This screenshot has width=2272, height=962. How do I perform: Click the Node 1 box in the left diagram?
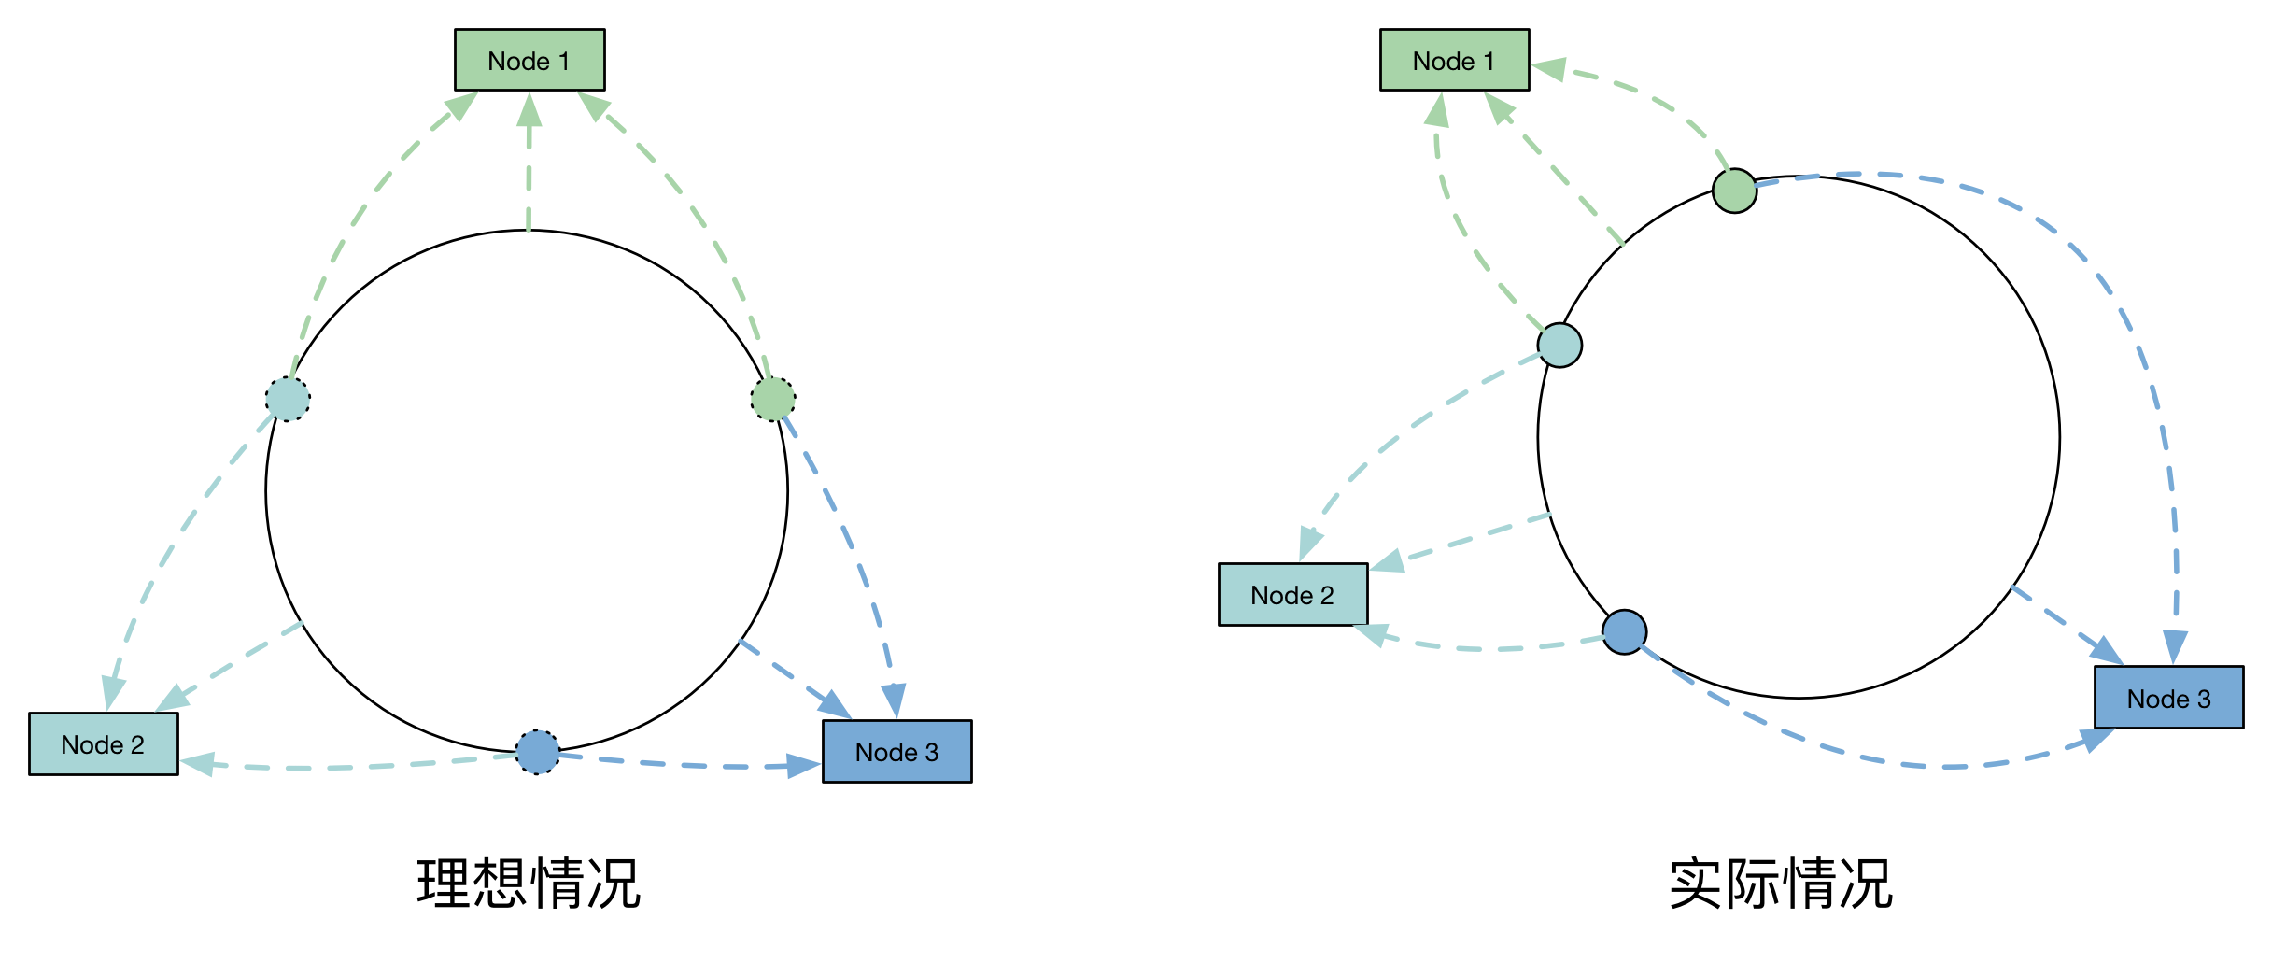pyautogui.click(x=529, y=61)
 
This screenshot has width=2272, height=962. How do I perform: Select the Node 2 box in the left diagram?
pyautogui.click(x=103, y=744)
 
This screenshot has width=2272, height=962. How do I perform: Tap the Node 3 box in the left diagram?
pyautogui.click(x=896, y=752)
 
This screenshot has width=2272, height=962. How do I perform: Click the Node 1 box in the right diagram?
pyautogui.click(x=1454, y=61)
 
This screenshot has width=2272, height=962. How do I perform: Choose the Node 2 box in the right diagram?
pyautogui.click(x=1292, y=595)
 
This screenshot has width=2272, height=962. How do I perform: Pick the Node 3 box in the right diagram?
pyautogui.click(x=2168, y=699)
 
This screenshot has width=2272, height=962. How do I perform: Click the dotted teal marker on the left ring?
pyautogui.click(x=288, y=400)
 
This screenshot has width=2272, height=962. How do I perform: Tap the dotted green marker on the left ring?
pyautogui.click(x=773, y=400)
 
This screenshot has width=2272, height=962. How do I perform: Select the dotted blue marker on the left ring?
pyautogui.click(x=538, y=752)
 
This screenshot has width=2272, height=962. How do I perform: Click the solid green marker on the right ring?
pyautogui.click(x=1735, y=191)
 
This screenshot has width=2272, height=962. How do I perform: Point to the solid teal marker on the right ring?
pyautogui.click(x=1560, y=346)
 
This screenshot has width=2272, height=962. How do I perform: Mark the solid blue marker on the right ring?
pyautogui.click(x=1625, y=632)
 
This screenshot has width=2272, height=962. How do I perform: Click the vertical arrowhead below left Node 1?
pyautogui.click(x=529, y=109)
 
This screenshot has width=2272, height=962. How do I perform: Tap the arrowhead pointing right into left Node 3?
pyautogui.click(x=804, y=766)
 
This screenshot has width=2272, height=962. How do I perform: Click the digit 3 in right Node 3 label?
pyautogui.click(x=2204, y=700)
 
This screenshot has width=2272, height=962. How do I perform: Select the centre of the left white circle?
pyautogui.click(x=527, y=491)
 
